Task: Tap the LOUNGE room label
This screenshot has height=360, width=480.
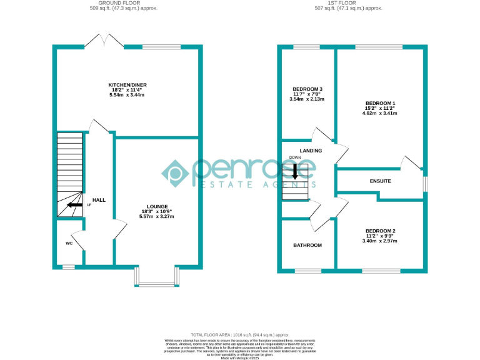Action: click(157, 207)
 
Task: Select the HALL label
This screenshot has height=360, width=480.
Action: click(99, 200)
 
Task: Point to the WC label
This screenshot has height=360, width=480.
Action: click(69, 244)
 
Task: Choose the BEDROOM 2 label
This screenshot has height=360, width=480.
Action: click(381, 231)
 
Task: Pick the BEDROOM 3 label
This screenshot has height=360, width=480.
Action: click(307, 89)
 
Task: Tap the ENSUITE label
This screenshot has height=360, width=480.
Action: click(381, 181)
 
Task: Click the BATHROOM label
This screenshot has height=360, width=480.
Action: click(307, 245)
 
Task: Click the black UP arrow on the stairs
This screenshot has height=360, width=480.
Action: click(75, 204)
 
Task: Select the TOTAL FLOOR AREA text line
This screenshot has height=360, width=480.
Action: click(240, 335)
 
